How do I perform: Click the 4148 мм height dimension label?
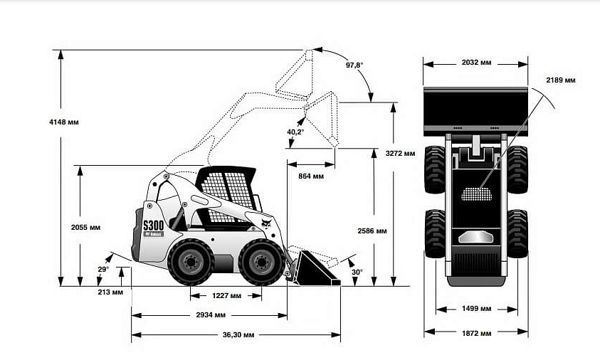coord(63,122)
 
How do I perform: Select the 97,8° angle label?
coord(354,65)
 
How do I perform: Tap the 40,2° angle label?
coord(295,132)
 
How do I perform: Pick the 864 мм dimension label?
coord(310,176)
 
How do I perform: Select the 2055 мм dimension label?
coord(85,228)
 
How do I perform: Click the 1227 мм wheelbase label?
coord(226,295)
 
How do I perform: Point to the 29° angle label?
coord(103,270)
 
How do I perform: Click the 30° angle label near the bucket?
coord(357,272)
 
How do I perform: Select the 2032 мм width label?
coord(475,63)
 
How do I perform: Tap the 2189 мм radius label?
coord(561,80)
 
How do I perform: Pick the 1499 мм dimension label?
coord(477,309)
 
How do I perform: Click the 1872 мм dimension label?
coord(476,332)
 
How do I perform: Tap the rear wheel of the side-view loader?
coord(191,262)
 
